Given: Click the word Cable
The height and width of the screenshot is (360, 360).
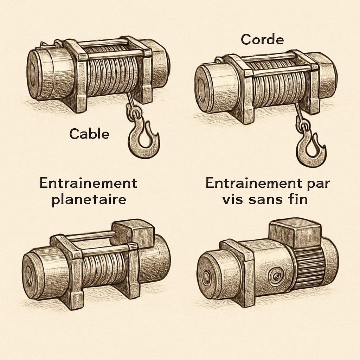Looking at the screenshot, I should [x=89, y=134].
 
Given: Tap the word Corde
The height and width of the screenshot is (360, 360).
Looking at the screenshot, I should [x=262, y=40].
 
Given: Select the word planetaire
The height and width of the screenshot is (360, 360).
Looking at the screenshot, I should [x=89, y=200].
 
